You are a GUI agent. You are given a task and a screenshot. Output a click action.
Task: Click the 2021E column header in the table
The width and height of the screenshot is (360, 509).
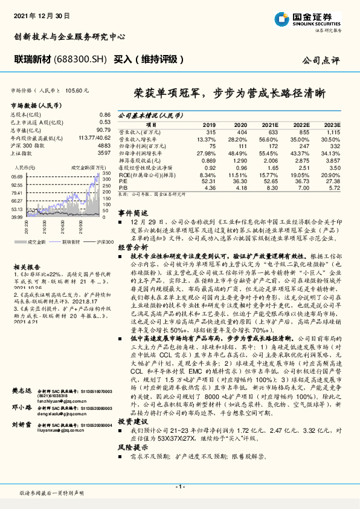(x=269, y=124)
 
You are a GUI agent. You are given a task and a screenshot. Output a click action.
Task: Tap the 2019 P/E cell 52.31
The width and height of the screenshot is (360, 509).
(x=208, y=181)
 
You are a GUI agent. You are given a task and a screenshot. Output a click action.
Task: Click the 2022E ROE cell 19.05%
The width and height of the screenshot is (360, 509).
(x=301, y=175)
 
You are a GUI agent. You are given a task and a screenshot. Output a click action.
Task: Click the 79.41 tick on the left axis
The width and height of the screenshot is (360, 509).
(x=17, y=192)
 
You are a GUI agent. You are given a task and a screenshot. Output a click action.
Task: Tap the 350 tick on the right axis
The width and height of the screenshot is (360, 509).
(x=106, y=173)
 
